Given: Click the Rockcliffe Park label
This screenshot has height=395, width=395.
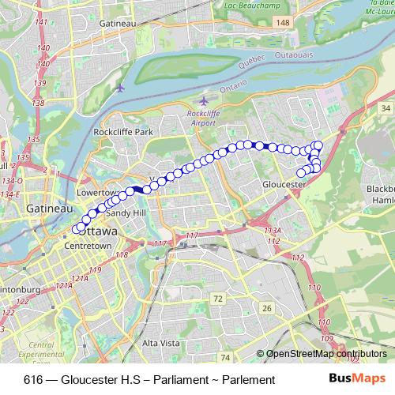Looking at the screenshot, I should [x=122, y=132].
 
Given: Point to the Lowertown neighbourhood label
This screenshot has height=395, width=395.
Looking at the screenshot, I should [x=97, y=192].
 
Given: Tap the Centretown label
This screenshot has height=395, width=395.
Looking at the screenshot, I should [x=89, y=246].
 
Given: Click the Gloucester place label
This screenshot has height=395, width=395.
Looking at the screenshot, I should [x=283, y=184].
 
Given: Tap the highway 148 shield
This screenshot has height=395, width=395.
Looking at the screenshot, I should [x=281, y=24].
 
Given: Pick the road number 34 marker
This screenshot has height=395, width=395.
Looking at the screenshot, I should [x=385, y=107].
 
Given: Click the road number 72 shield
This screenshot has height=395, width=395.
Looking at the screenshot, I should [x=217, y=298].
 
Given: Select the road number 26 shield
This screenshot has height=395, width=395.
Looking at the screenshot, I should [x=267, y=307].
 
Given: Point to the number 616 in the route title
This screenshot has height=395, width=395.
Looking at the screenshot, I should [x=33, y=380].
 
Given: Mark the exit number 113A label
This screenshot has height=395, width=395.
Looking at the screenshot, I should [x=273, y=231].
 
